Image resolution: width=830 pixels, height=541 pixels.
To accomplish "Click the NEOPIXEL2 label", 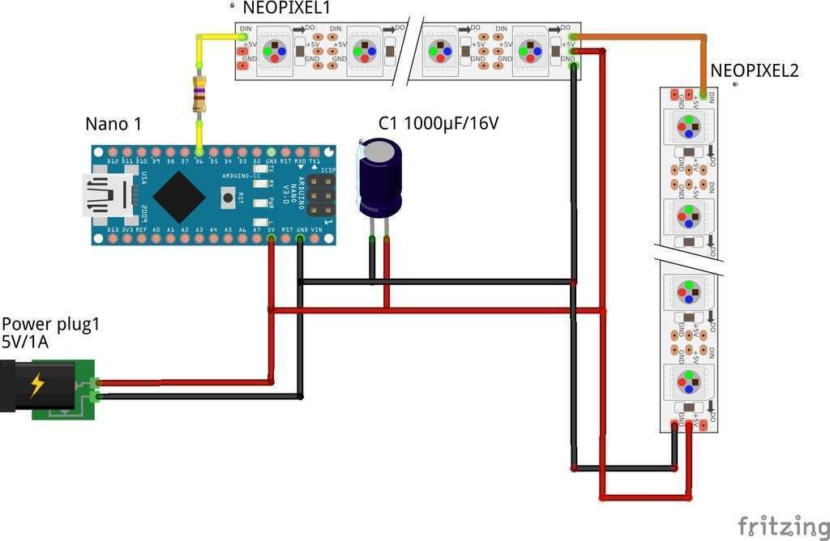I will (x=754, y=71).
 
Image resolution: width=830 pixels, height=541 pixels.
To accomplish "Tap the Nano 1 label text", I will (x=113, y=124).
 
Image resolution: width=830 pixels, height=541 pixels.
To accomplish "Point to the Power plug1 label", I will (x=50, y=325).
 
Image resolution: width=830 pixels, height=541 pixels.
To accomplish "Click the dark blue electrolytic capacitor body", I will (x=380, y=177).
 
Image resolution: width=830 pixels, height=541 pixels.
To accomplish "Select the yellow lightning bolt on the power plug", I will (x=37, y=386).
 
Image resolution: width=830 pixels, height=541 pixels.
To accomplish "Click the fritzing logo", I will (x=783, y=526).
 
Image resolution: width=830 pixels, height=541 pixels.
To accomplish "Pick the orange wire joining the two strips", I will (x=648, y=36).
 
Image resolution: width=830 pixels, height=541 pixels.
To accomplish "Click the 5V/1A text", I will (x=25, y=343).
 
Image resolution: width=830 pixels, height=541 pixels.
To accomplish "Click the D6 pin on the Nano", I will (x=199, y=151).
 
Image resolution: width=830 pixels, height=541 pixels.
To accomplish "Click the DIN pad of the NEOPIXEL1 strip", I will (x=245, y=36).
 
